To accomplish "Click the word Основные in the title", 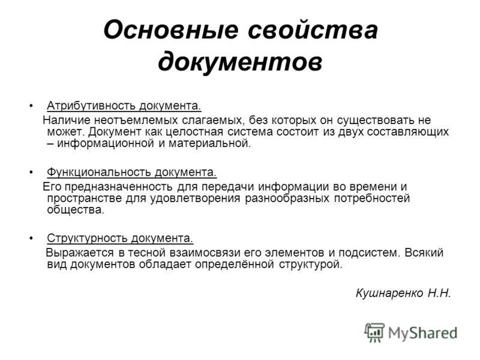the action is [x=171, y=30].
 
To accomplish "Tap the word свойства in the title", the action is [x=313, y=30].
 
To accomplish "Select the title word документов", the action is [x=240, y=62].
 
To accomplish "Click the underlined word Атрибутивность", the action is [x=92, y=106].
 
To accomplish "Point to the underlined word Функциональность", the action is [x=99, y=172].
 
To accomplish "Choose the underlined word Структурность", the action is [x=88, y=238].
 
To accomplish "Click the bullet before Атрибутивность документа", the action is [x=31, y=106].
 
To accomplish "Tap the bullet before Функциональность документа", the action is [x=31, y=173].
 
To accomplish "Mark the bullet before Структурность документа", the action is [x=31, y=238].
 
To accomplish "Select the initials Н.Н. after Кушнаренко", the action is [x=439, y=293].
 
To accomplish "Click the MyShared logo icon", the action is [x=374, y=332].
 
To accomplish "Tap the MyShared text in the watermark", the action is [x=423, y=333].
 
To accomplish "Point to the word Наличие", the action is [x=67, y=119].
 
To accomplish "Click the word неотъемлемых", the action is [x=136, y=120].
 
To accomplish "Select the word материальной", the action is [x=209, y=143].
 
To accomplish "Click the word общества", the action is [x=76, y=209].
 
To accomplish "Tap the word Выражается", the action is [x=80, y=253].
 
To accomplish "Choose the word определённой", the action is [x=235, y=264].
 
